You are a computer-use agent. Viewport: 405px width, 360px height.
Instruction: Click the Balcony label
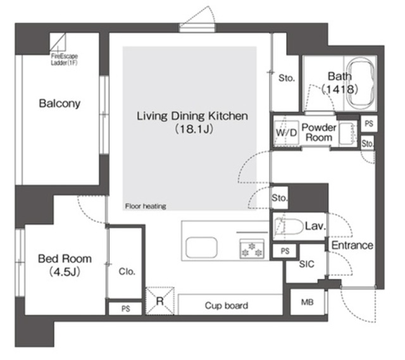59,104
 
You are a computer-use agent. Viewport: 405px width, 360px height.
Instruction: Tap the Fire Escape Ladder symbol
58,42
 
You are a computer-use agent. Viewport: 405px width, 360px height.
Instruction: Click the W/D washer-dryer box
286,133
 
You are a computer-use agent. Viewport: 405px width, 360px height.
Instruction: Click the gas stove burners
252,249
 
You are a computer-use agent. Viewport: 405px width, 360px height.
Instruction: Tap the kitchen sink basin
201,247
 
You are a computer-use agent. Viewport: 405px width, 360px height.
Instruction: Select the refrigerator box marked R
160,301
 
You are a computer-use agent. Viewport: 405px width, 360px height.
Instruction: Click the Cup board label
227,306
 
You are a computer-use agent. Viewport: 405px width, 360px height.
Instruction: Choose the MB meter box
308,302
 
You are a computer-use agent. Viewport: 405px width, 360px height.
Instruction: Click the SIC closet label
306,264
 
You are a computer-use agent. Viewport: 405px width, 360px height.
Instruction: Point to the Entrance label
352,245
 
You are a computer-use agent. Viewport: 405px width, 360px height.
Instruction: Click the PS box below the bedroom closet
125,309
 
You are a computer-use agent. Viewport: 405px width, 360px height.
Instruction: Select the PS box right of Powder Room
369,123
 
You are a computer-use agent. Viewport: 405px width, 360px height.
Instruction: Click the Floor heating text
146,206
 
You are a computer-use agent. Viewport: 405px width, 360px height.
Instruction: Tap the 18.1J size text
194,129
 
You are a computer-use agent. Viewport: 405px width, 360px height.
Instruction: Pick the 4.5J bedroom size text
65,271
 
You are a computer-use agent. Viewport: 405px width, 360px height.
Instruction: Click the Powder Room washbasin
347,133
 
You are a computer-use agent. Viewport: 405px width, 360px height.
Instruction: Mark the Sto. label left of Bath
287,78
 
